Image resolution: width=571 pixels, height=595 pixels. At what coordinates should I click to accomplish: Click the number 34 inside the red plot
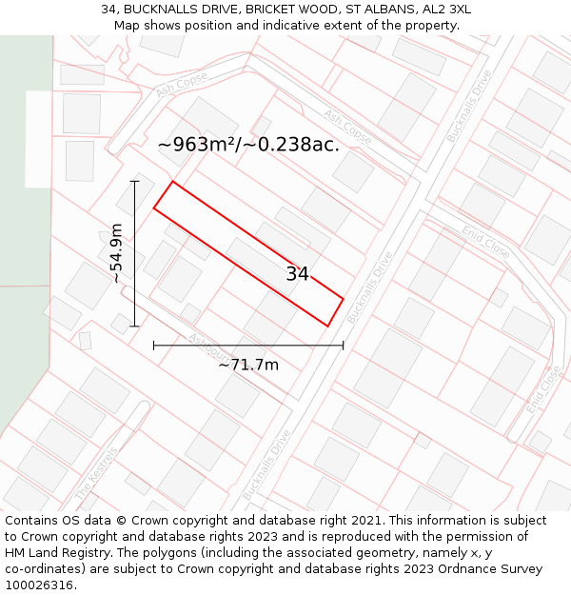(298, 274)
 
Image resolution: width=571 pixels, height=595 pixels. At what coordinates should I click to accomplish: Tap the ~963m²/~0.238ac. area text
(248, 145)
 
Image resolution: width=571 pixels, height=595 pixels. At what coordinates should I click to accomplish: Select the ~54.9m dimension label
(116, 253)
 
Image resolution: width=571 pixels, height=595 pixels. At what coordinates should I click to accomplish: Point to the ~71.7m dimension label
(248, 365)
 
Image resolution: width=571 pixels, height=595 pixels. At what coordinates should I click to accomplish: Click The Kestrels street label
(96, 474)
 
